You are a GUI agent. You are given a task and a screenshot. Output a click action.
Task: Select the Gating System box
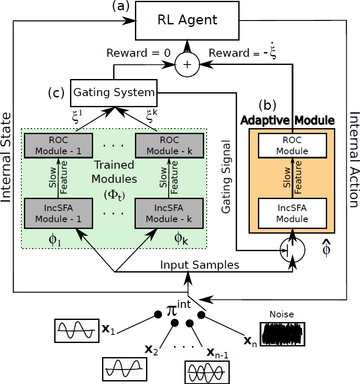click(x=114, y=92)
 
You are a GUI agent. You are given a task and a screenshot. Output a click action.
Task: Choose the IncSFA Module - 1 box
click(x=58, y=213)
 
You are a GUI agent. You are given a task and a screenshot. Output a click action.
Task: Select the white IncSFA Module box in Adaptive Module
click(x=292, y=214)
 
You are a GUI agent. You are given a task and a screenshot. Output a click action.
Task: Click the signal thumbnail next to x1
click(x=76, y=330)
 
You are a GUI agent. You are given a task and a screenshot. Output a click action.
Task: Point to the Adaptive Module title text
click(x=287, y=120)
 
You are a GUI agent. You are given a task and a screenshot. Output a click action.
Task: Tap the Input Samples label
click(x=199, y=265)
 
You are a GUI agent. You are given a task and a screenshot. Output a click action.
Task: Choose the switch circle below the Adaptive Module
click(x=292, y=250)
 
